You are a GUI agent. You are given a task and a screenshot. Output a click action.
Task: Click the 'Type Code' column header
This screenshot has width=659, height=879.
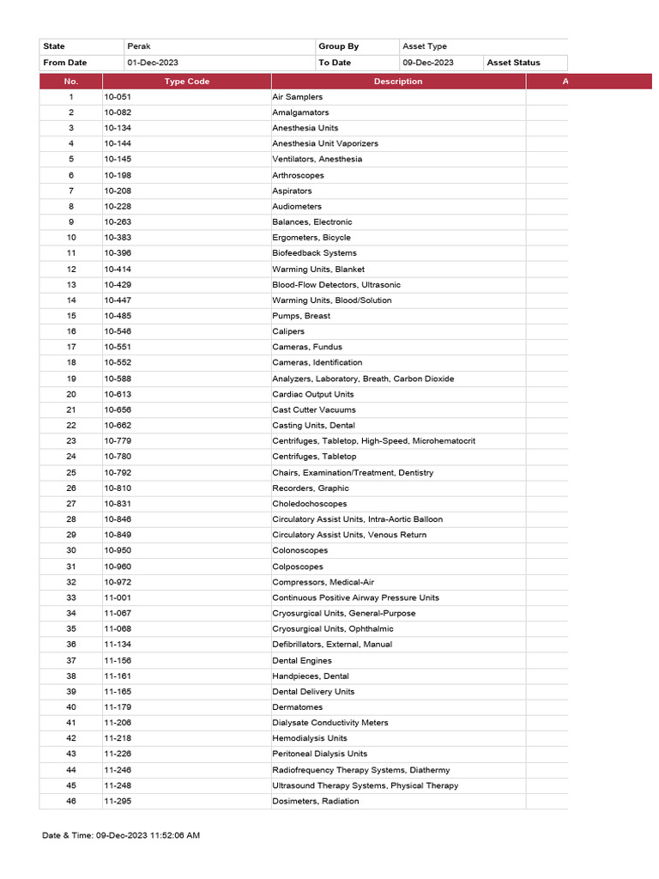click(187, 82)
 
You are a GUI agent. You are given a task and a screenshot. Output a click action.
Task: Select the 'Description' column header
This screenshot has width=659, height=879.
click(398, 82)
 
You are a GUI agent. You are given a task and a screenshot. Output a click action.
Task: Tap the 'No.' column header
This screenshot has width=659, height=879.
click(70, 82)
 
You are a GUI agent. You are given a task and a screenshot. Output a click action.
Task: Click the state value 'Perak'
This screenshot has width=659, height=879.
click(139, 46)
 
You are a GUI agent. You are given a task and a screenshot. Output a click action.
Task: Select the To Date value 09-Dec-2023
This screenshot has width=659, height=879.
click(428, 63)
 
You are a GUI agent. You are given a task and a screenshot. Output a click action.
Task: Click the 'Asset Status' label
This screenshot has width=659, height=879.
click(514, 63)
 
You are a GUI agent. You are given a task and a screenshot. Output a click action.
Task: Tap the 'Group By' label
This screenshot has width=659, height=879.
click(338, 46)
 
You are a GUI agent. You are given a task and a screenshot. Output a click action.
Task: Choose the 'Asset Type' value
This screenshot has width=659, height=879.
click(425, 46)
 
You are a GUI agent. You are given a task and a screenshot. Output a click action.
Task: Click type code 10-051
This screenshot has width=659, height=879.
click(118, 97)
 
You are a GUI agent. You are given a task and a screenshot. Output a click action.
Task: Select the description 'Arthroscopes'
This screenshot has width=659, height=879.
click(299, 175)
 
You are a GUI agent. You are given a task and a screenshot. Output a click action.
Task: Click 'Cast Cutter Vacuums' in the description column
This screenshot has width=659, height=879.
click(314, 409)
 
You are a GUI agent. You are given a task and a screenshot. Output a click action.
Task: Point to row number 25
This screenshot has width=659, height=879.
click(71, 472)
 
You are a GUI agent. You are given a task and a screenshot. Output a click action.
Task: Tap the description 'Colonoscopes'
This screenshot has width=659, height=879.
click(300, 550)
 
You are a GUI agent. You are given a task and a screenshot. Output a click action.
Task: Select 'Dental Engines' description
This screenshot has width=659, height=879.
click(302, 660)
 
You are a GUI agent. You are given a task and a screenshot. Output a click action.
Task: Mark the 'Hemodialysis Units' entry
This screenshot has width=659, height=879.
click(310, 738)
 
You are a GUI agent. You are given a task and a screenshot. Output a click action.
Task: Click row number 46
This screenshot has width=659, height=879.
click(71, 801)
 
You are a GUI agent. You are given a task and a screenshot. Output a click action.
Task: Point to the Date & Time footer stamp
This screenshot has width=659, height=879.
click(122, 835)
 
